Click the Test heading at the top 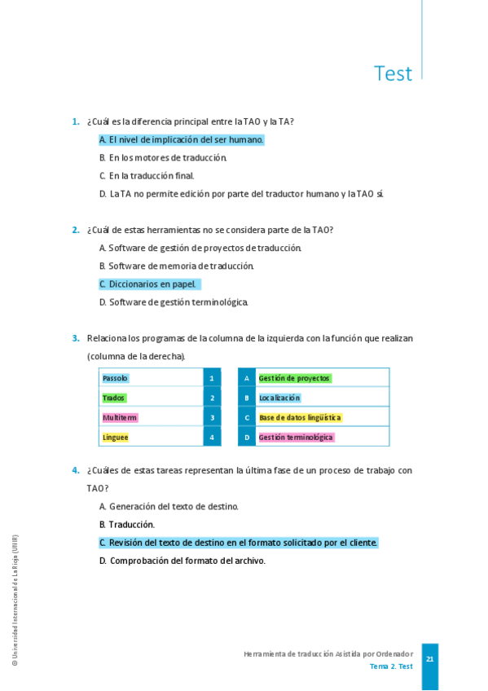pyautogui.click(x=393, y=73)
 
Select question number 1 pyautogui.click(x=75, y=121)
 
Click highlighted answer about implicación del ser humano pyautogui.click(x=182, y=139)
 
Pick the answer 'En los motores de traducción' pyautogui.click(x=163, y=157)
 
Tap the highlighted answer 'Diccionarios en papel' pyautogui.click(x=149, y=284)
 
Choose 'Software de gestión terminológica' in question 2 pyautogui.click(x=174, y=302)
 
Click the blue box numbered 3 pyautogui.click(x=212, y=417)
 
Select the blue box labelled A pyautogui.click(x=247, y=378)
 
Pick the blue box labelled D pyautogui.click(x=247, y=437)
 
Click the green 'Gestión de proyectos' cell pyautogui.click(x=294, y=378)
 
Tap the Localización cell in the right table pyautogui.click(x=279, y=398)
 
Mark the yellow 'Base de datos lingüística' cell pyautogui.click(x=300, y=417)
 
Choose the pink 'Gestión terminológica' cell pyautogui.click(x=296, y=437)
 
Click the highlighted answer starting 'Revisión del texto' pyautogui.click(x=239, y=543)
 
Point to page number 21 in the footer pyautogui.click(x=429, y=659)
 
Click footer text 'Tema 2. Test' pyautogui.click(x=391, y=667)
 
